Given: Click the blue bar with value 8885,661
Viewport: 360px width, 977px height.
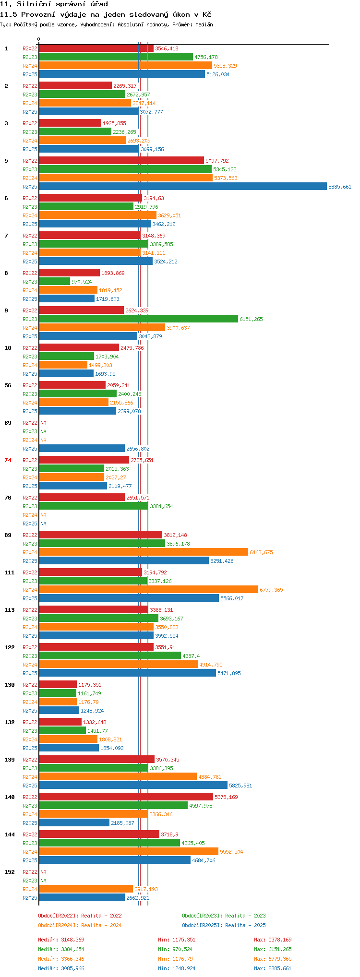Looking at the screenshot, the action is tap(183, 187).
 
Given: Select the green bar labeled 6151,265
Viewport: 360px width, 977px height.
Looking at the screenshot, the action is tap(139, 319).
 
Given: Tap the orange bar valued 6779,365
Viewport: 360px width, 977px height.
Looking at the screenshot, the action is tap(149, 590).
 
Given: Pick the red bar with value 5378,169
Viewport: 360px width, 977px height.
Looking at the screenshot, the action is tap(126, 797).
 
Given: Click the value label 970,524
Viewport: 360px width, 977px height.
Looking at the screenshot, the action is tap(82, 282).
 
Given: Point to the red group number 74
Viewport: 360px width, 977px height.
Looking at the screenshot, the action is tap(8, 460).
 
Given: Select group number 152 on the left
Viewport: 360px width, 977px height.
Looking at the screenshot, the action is tap(10, 872).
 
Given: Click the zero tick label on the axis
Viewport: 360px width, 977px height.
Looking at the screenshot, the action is tap(39, 39).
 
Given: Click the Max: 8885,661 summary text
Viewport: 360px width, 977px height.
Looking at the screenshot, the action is tap(273, 968).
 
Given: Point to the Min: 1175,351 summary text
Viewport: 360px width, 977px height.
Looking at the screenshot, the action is tap(177, 940).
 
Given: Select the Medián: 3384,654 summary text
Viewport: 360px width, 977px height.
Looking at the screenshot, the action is tap(61, 949).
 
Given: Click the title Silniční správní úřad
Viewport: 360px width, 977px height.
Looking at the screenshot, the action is tap(62, 4).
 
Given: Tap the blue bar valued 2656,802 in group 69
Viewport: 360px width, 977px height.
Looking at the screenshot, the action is tap(82, 449).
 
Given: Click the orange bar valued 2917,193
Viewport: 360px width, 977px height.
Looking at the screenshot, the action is tap(86, 889).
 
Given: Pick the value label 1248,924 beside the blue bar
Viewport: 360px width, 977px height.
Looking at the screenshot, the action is tap(92, 711).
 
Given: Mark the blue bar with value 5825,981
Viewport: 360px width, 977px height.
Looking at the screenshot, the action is tap(133, 786).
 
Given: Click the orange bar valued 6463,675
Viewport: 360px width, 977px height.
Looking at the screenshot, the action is tap(144, 552).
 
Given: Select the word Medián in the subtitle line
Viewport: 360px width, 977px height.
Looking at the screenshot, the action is tap(204, 24).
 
